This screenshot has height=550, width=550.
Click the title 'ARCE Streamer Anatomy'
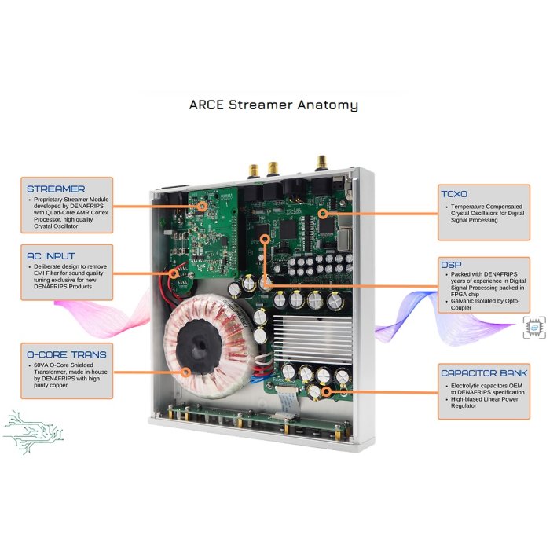[x=273, y=104]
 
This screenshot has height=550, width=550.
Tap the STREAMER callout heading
[x=56, y=189]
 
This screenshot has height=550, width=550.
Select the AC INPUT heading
[x=51, y=256]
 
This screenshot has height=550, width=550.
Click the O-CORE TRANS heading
[x=67, y=354]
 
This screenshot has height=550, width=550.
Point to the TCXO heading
[x=454, y=194]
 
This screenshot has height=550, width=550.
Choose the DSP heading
[x=451, y=265]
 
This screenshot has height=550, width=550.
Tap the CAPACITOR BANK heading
[x=484, y=373]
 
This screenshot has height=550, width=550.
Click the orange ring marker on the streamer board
[x=202, y=206]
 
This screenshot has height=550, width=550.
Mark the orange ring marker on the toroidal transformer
[x=185, y=372]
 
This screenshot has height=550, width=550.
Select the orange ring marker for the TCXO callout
[x=323, y=213]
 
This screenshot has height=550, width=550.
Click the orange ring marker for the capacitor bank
[x=327, y=392]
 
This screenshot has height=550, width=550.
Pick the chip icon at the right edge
[x=534, y=328]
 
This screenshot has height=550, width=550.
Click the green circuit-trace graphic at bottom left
[x=33, y=432]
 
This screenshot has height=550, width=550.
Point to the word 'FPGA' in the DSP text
[x=458, y=295]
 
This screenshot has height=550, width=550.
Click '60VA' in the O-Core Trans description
[x=41, y=365]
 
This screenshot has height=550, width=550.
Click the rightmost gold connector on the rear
[x=321, y=163]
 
